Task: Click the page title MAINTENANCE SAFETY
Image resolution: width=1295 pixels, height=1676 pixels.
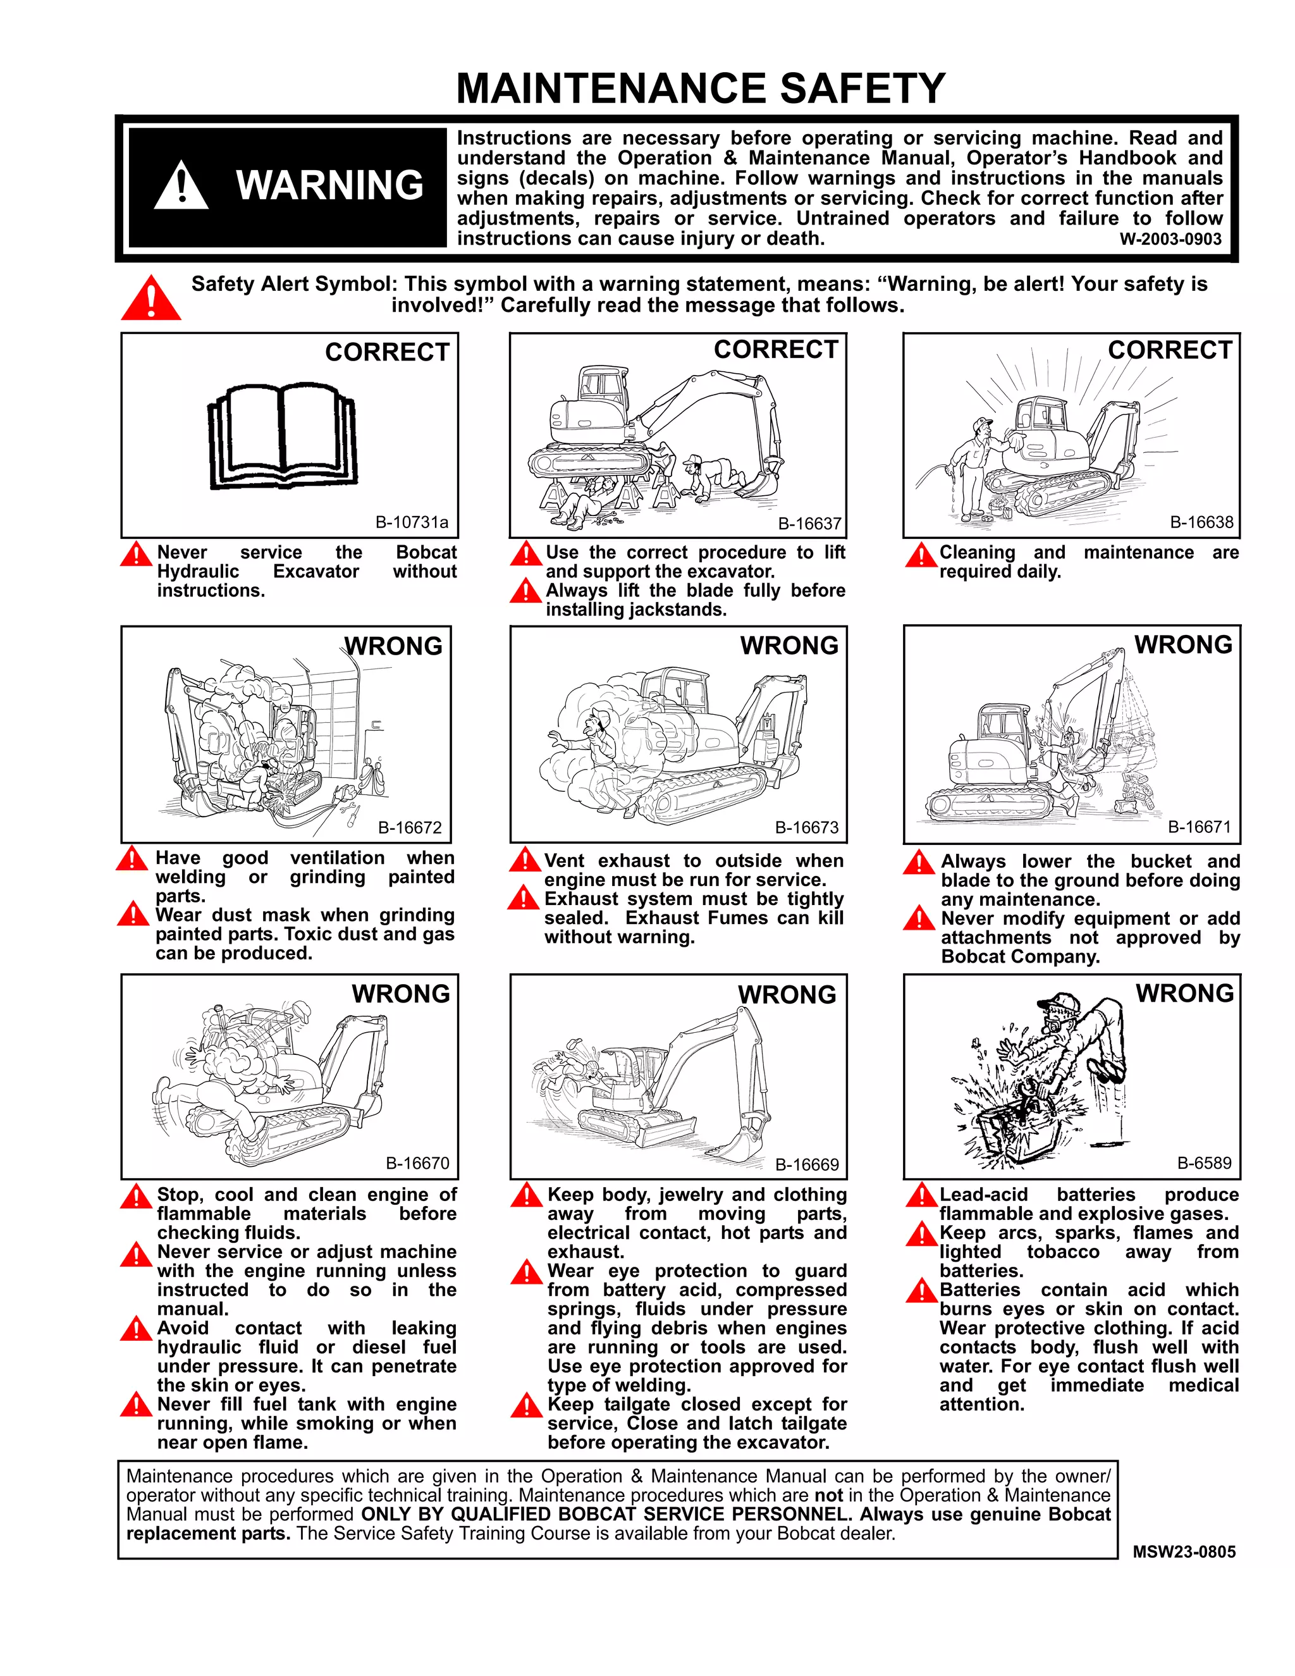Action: [x=701, y=89]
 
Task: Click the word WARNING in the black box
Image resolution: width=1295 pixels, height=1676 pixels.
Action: [x=330, y=186]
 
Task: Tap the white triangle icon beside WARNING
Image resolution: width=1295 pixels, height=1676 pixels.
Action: [x=181, y=187]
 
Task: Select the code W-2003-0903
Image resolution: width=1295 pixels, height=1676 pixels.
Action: [x=1170, y=238]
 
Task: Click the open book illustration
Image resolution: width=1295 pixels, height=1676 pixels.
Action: [x=283, y=436]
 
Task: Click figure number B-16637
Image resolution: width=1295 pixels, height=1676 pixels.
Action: [x=809, y=524]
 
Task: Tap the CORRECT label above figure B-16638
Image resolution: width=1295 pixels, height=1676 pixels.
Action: [x=1169, y=350]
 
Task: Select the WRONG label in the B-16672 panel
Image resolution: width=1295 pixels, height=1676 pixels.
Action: [x=393, y=646]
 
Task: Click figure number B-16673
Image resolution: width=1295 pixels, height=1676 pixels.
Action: [x=806, y=827]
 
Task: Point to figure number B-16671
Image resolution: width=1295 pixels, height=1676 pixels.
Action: [x=1199, y=827]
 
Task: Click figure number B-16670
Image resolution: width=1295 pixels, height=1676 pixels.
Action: [x=417, y=1162]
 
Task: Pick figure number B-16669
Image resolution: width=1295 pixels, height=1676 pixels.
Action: [x=806, y=1164]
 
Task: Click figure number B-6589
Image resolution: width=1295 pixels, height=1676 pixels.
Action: [x=1204, y=1162]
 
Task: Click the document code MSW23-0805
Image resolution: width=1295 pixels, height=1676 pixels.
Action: [x=1184, y=1551]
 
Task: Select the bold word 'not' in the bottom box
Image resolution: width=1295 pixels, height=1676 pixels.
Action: [x=828, y=1495]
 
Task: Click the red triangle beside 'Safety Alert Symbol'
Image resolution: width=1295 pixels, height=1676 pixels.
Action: [x=151, y=299]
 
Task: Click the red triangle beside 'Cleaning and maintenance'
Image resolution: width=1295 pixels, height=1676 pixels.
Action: [x=920, y=555]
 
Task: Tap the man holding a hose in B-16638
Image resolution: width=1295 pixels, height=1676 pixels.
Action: [x=971, y=469]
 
